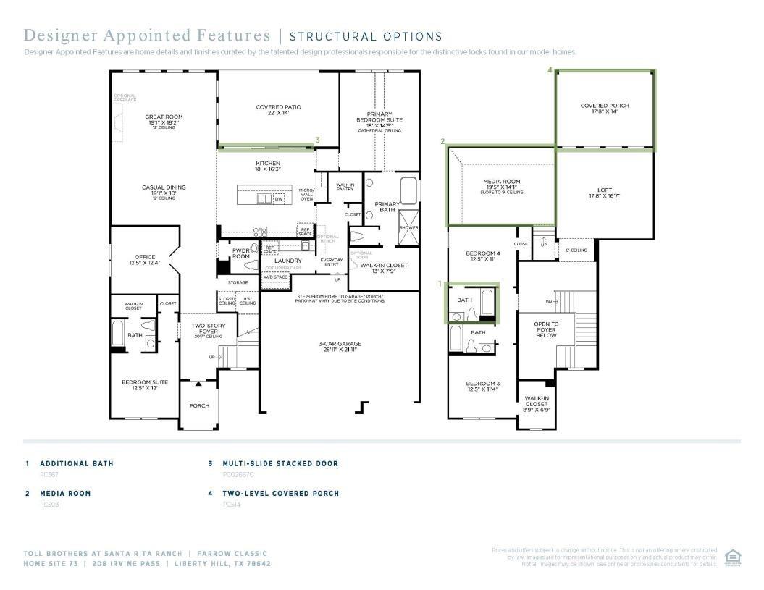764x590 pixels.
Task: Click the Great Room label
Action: [164, 117]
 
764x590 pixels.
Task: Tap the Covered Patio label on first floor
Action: [278, 107]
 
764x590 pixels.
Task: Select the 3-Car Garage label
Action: [340, 344]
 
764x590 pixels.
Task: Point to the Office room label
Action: [145, 257]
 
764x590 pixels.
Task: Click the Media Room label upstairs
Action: [502, 182]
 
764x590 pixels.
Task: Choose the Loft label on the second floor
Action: [605, 190]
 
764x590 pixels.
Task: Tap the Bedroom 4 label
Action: [483, 253]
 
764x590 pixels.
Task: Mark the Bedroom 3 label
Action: [483, 384]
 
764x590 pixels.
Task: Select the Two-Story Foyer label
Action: [209, 326]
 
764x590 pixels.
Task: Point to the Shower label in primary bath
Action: [408, 228]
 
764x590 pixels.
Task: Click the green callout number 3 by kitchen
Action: [317, 140]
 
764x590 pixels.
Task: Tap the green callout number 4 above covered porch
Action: [550, 70]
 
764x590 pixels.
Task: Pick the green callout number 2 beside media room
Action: [442, 142]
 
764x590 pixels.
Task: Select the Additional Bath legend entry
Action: [76, 463]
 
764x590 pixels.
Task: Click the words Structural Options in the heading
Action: [366, 36]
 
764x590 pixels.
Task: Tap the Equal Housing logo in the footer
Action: [732, 556]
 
